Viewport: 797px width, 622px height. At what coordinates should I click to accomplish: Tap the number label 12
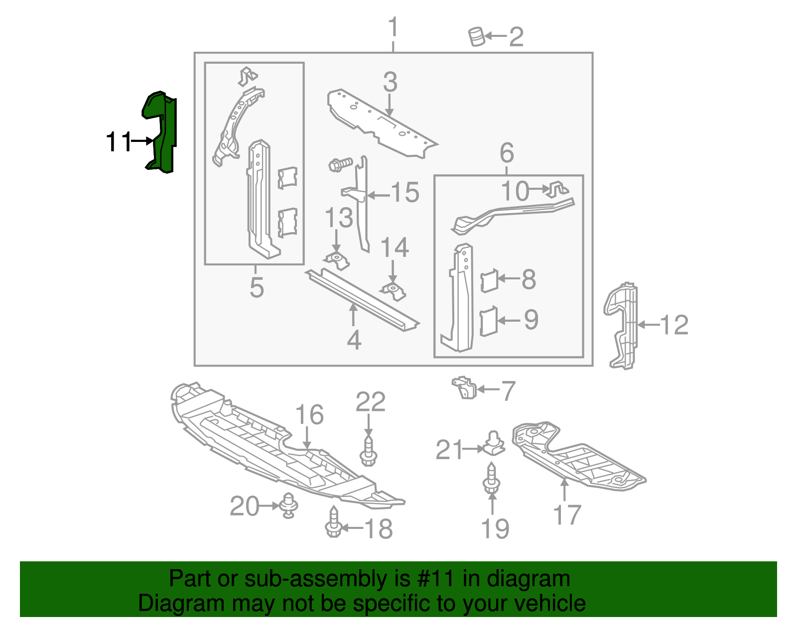coord(674,325)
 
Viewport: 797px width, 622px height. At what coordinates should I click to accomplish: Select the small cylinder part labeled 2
coord(477,37)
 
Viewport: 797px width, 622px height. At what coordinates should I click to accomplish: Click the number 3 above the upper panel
coord(390,82)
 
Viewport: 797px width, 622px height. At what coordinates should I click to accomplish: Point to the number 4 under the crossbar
coord(354,340)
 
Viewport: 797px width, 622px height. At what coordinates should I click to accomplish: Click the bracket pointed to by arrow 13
coord(337,260)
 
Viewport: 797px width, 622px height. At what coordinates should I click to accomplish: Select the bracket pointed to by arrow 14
coord(395,291)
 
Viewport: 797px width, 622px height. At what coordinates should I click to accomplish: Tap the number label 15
coord(405,193)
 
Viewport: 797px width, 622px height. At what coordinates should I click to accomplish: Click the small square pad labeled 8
coord(489,280)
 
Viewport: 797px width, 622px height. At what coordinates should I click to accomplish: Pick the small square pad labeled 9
coord(489,322)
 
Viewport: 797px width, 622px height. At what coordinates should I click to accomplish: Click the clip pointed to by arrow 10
coord(557,190)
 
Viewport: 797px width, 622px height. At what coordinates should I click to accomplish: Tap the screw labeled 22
coord(368,451)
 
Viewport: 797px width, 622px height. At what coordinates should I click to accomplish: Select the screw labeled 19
coord(491,478)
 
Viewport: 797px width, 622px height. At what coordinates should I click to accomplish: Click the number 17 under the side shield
coord(567,515)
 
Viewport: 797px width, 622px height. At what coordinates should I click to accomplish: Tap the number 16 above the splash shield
coord(309,415)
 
